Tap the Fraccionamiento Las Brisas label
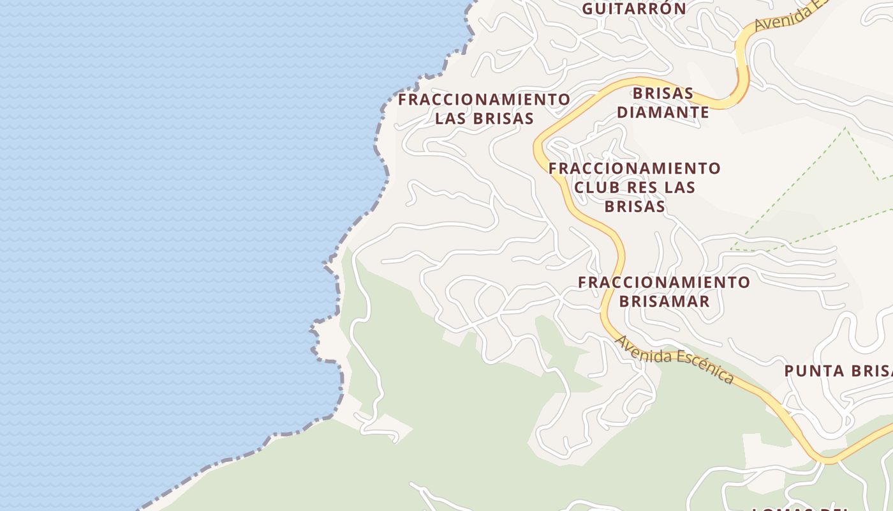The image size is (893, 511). pyautogui.click(x=484, y=109)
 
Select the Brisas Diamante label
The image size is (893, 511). pyautogui.click(x=663, y=102)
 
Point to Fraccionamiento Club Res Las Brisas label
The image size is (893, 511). pyautogui.click(x=635, y=187)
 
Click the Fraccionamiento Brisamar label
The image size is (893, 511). pyautogui.click(x=664, y=291)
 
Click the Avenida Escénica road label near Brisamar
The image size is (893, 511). pyautogui.click(x=674, y=360)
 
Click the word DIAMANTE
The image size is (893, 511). pyautogui.click(x=663, y=112)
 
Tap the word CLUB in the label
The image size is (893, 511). pyautogui.click(x=597, y=188)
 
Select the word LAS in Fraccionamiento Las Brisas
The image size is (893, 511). pyautogui.click(x=452, y=119)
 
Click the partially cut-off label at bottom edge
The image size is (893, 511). pyautogui.click(x=801, y=508)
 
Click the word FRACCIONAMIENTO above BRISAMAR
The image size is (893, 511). pyautogui.click(x=664, y=282)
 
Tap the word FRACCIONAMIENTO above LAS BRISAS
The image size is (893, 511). pyautogui.click(x=484, y=100)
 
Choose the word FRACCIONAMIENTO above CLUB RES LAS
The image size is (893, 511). pyautogui.click(x=635, y=169)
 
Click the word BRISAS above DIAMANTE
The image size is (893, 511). pyautogui.click(x=663, y=93)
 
